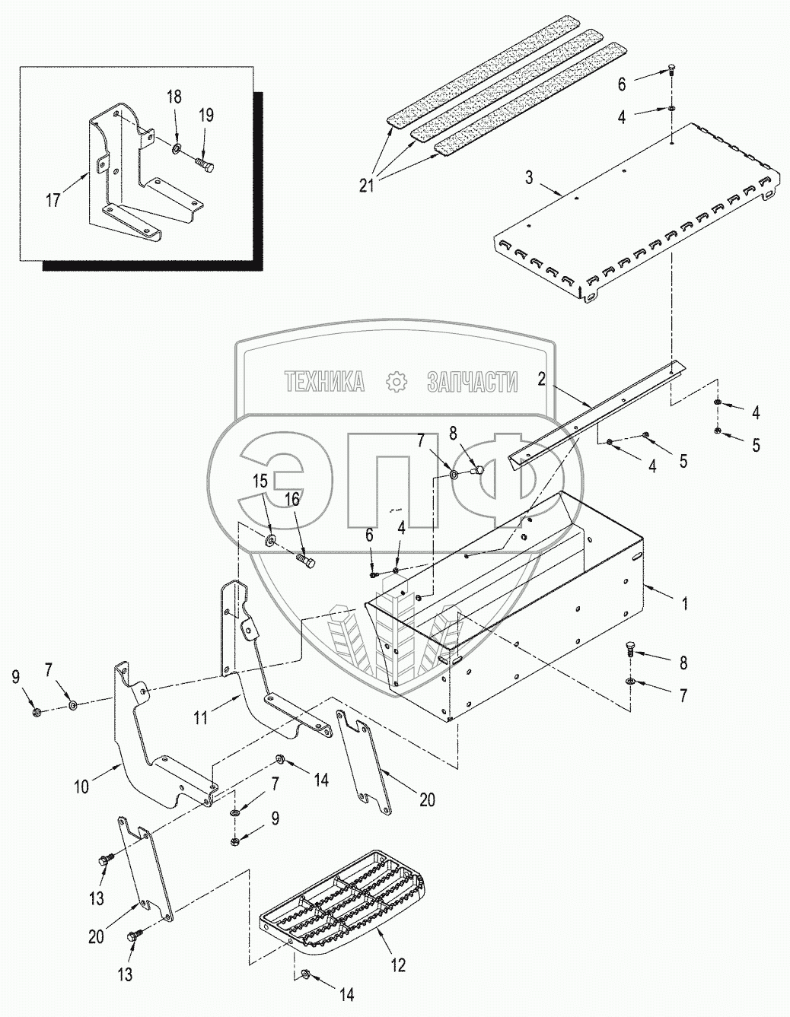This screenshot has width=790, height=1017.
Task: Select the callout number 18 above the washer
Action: point(174,97)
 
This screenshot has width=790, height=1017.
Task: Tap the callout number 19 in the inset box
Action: point(206,116)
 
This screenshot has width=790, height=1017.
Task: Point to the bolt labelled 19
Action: point(206,162)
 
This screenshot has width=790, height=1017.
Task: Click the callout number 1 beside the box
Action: point(684,604)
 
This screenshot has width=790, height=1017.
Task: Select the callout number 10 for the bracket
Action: point(81,787)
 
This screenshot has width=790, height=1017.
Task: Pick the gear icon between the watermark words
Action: point(396,382)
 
